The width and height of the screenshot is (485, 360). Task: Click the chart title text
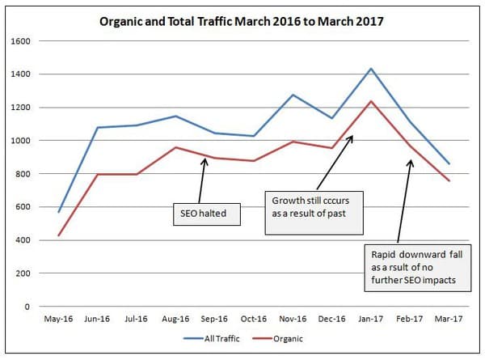point(242,19)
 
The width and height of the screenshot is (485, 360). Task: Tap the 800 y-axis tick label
point(25,174)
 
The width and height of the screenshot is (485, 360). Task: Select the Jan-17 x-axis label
point(371,319)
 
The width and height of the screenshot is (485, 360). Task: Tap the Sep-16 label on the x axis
point(214,319)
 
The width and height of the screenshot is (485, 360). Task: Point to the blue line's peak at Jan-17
point(371,69)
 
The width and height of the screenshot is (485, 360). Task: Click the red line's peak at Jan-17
point(371,101)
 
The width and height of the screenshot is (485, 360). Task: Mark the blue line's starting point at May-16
point(58,212)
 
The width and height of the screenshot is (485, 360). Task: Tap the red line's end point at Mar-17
point(449,180)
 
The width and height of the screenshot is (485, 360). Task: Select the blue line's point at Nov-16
point(293,95)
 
